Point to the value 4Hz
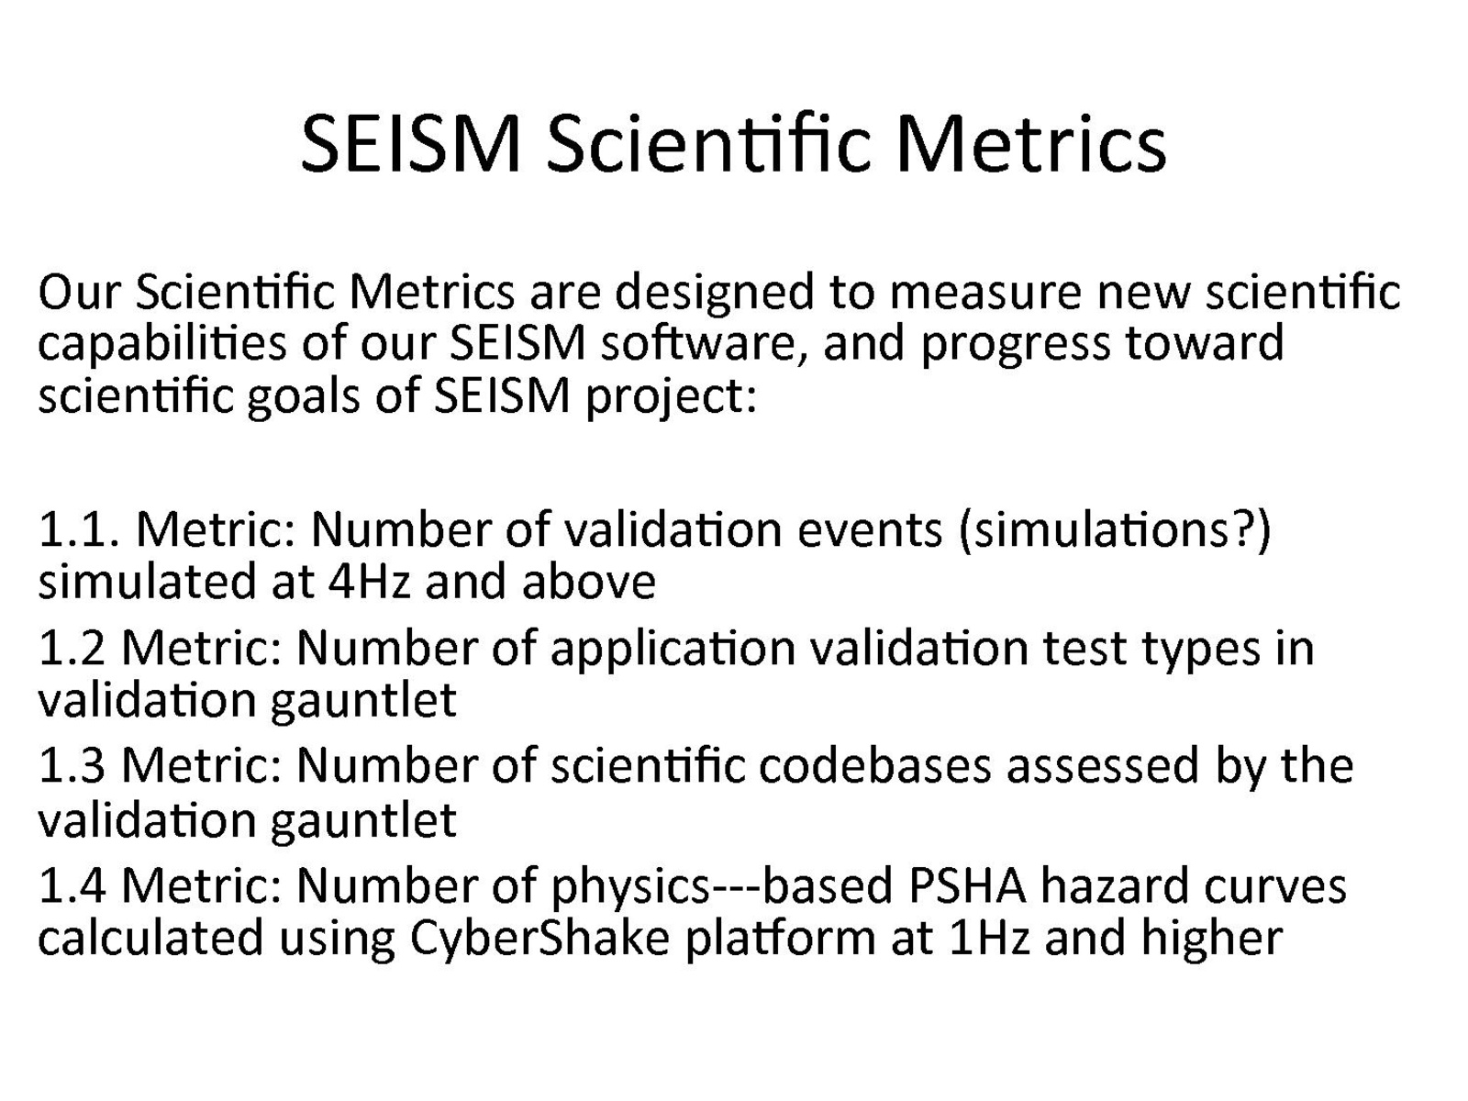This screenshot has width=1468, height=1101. pyautogui.click(x=369, y=583)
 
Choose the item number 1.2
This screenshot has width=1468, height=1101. pyautogui.click(x=72, y=649)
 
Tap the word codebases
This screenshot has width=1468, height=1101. pyautogui.click(x=874, y=765)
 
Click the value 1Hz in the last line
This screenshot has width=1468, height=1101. pyautogui.click(x=991, y=939)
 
